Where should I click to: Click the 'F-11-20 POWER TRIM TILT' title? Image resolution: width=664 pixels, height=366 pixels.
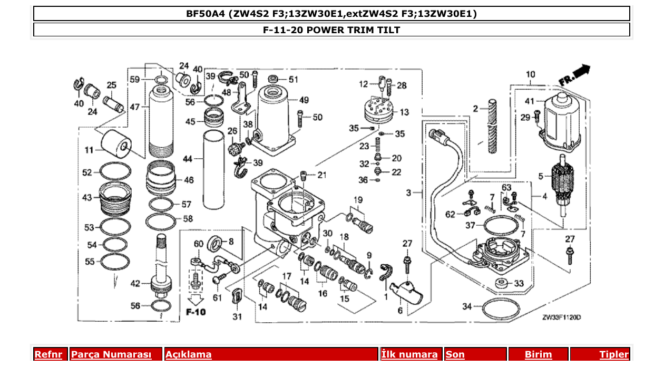coord(331,30)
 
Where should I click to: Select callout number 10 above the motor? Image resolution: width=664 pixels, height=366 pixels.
coord(530,74)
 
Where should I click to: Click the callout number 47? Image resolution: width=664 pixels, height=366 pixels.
coord(134,107)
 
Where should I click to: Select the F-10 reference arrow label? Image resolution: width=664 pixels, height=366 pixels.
coord(196,312)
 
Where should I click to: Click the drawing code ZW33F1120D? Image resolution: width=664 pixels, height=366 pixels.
coord(562,317)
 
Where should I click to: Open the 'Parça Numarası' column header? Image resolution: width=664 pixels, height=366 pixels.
coord(111,354)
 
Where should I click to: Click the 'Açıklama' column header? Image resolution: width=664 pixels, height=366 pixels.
coord(189,354)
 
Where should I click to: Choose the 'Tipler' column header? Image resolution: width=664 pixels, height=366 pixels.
coord(613,354)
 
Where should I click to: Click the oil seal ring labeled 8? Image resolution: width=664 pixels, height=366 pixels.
coord(216,243)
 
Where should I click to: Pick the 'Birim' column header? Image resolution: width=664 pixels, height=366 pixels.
coord(538,354)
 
